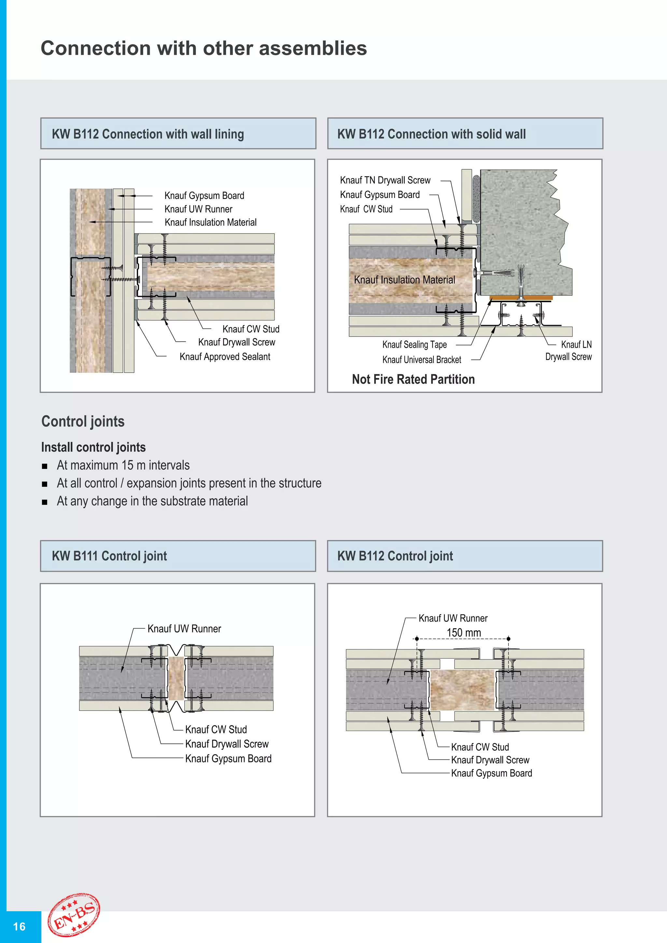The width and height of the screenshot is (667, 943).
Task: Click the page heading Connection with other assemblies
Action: pyautogui.click(x=204, y=49)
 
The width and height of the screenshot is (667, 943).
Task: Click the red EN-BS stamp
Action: pyautogui.click(x=74, y=915)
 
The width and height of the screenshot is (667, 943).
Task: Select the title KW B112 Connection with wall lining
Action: pyautogui.click(x=148, y=134)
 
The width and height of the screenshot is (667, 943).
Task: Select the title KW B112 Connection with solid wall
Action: pyautogui.click(x=431, y=134)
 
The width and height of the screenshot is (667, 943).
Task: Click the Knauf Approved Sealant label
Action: pyautogui.click(x=225, y=357)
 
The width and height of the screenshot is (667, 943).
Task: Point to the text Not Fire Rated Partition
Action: pyautogui.click(x=413, y=379)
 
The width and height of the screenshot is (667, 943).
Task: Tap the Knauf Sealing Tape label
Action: pyautogui.click(x=414, y=345)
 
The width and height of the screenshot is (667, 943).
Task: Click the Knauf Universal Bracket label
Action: pyautogui.click(x=422, y=360)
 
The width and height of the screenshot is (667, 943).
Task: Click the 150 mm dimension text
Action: pyautogui.click(x=464, y=632)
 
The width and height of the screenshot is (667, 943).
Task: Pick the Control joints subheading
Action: pyautogui.click(x=83, y=421)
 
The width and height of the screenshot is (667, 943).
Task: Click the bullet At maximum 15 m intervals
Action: pyautogui.click(x=123, y=465)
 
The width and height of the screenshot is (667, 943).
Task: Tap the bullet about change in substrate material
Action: pyautogui.click(x=152, y=501)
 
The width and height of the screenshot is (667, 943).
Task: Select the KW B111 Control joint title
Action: pyautogui.click(x=109, y=556)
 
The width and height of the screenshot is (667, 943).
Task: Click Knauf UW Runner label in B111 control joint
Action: pyautogui.click(x=184, y=629)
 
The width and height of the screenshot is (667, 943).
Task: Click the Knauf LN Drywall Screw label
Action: pyautogui.click(x=569, y=350)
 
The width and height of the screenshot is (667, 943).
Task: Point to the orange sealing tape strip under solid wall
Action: pyautogui.click(x=521, y=298)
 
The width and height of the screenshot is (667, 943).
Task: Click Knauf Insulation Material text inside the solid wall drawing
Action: pyautogui.click(x=404, y=280)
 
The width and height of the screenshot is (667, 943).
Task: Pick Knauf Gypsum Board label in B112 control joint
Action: pyautogui.click(x=491, y=773)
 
